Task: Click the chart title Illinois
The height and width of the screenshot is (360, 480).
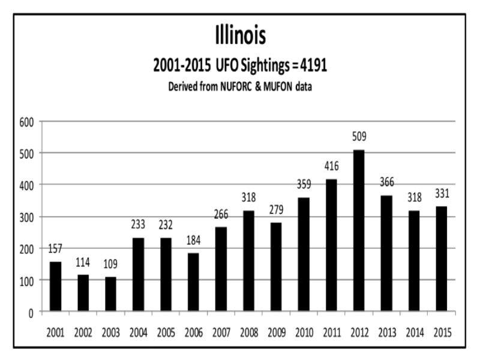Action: [240, 37]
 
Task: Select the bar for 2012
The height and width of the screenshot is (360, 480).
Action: [358, 231]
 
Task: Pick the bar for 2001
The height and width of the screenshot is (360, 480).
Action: [55, 287]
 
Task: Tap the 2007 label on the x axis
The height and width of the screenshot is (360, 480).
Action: [220, 332]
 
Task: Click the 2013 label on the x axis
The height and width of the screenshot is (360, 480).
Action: [385, 332]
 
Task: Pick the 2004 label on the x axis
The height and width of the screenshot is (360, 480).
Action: [137, 332]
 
